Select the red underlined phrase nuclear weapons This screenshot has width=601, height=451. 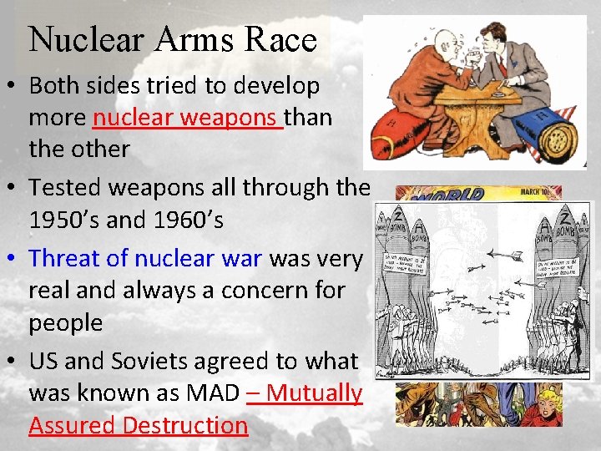[x=188, y=118]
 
